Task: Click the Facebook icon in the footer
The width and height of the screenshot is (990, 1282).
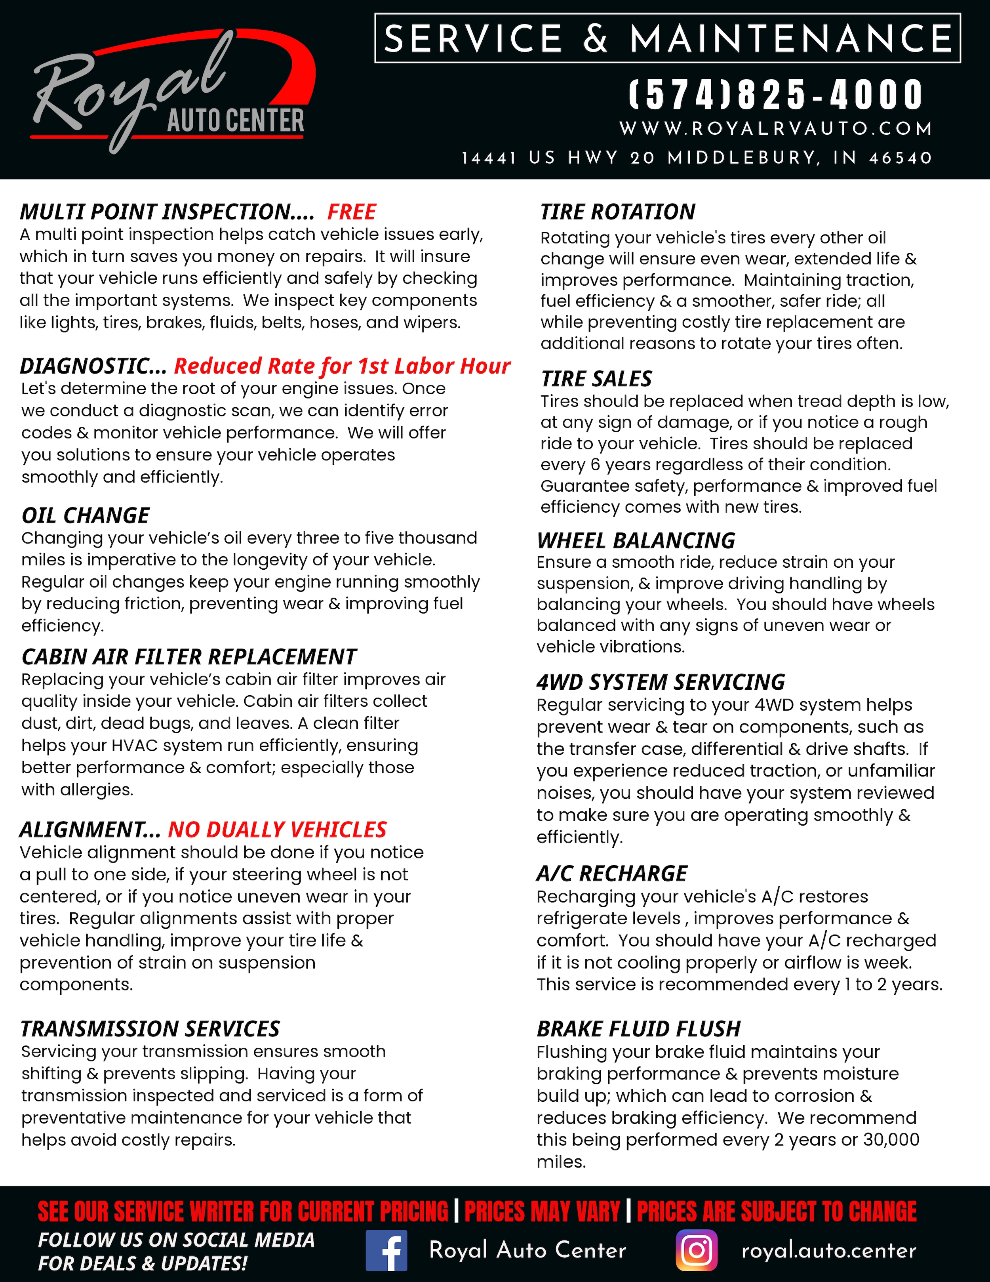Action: [x=386, y=1250]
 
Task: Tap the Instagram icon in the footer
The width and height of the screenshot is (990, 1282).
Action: [x=697, y=1250]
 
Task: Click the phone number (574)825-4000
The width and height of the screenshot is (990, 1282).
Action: [x=776, y=95]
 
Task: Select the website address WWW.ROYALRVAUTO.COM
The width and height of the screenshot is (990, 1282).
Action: [x=776, y=128]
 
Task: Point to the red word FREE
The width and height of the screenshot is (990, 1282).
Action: [x=352, y=212]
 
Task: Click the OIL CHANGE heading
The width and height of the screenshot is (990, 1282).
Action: [x=86, y=515]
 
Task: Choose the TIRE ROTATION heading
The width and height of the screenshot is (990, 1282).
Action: [x=617, y=212]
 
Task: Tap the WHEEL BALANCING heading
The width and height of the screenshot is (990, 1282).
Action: [x=636, y=541]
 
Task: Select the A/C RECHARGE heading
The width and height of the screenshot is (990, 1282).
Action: [x=611, y=874]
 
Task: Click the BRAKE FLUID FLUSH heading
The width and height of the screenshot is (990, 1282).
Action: [x=638, y=1029]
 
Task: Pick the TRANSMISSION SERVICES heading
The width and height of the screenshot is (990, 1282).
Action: [x=150, y=1029]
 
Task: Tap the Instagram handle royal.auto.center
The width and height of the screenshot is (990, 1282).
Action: [x=828, y=1250]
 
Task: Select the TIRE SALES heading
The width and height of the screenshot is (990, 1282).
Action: [x=596, y=379]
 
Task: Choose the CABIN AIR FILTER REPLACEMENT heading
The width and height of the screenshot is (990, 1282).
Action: [x=189, y=656]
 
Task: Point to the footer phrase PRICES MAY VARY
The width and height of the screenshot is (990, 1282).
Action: [x=542, y=1211]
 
